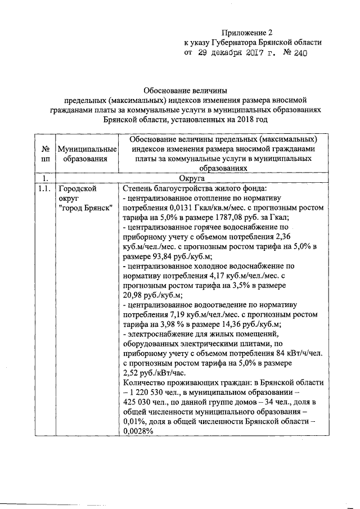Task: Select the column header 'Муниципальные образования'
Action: [87, 154]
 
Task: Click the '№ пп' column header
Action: [44, 154]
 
